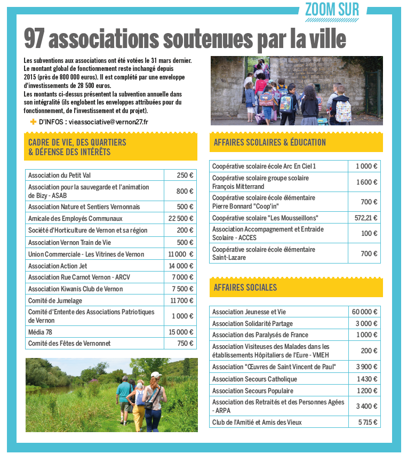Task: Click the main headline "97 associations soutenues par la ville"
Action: click(x=185, y=39)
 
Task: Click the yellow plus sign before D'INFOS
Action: click(x=34, y=122)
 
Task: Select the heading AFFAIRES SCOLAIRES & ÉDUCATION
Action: click(x=269, y=142)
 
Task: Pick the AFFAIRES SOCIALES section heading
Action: click(x=245, y=288)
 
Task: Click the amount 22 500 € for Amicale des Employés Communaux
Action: click(x=181, y=219)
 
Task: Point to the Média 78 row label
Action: click(x=41, y=332)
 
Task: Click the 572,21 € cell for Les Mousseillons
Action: click(x=365, y=218)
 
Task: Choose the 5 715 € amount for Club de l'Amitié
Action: click(x=366, y=423)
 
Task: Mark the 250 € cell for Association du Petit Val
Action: click(x=185, y=176)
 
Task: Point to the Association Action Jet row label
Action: click(x=58, y=266)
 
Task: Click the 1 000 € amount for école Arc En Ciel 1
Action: click(x=366, y=166)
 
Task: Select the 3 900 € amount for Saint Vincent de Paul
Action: click(x=368, y=367)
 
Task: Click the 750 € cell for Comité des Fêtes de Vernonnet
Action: click(x=185, y=344)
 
